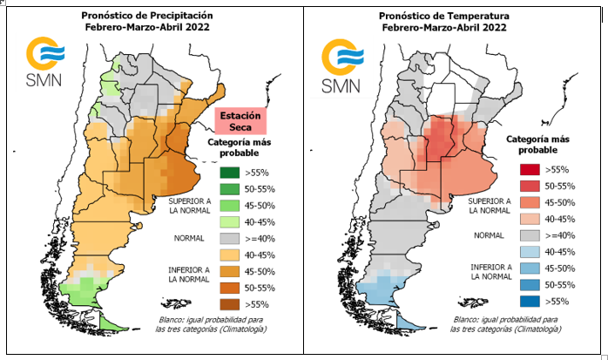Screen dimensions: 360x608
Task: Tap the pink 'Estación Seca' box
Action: [x=240, y=120]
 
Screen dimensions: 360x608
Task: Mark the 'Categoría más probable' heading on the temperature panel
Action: [x=537, y=145]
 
